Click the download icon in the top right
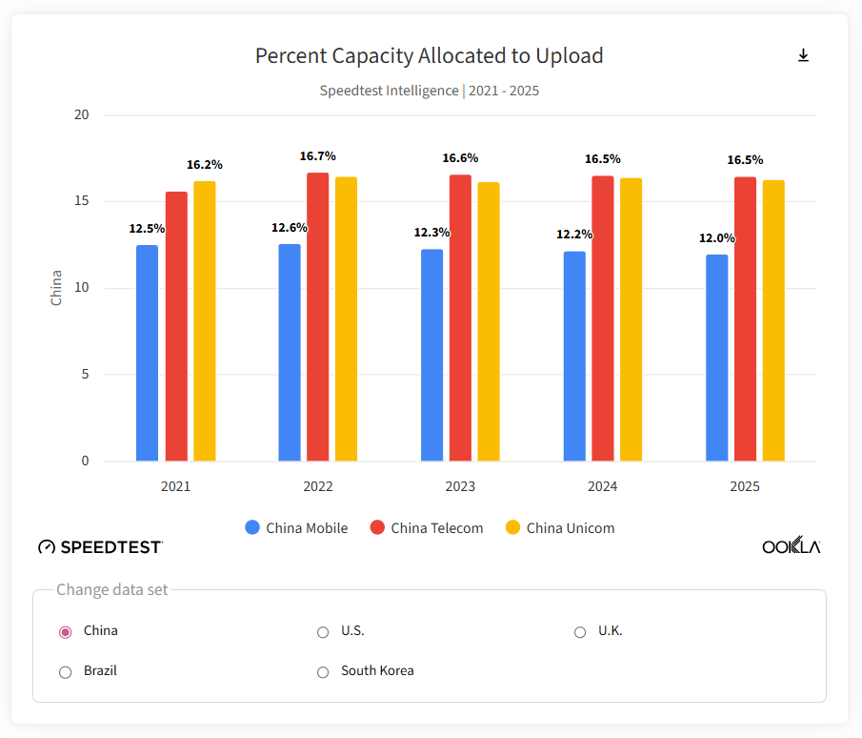pyautogui.click(x=803, y=56)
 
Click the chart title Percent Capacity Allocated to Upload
pyautogui.click(x=429, y=56)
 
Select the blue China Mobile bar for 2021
pyautogui.click(x=147, y=353)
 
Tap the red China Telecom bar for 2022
pyautogui.click(x=317, y=317)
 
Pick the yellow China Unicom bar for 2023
pyautogui.click(x=489, y=321)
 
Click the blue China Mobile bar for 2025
pyautogui.click(x=716, y=358)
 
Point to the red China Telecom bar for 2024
pyautogui.click(x=602, y=318)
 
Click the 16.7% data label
pyautogui.click(x=317, y=156)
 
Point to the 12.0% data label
pyautogui.click(x=717, y=238)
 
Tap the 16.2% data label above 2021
pyautogui.click(x=204, y=165)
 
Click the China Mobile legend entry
pyautogui.click(x=296, y=528)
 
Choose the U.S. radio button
pyautogui.click(x=323, y=632)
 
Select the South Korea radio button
pyautogui.click(x=323, y=672)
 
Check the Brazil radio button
pyautogui.click(x=66, y=672)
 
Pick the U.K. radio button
pyautogui.click(x=580, y=632)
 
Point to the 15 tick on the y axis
pyautogui.click(x=82, y=201)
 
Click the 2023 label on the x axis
pyautogui.click(x=460, y=486)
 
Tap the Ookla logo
pyautogui.click(x=791, y=545)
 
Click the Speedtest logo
pyautogui.click(x=100, y=546)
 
